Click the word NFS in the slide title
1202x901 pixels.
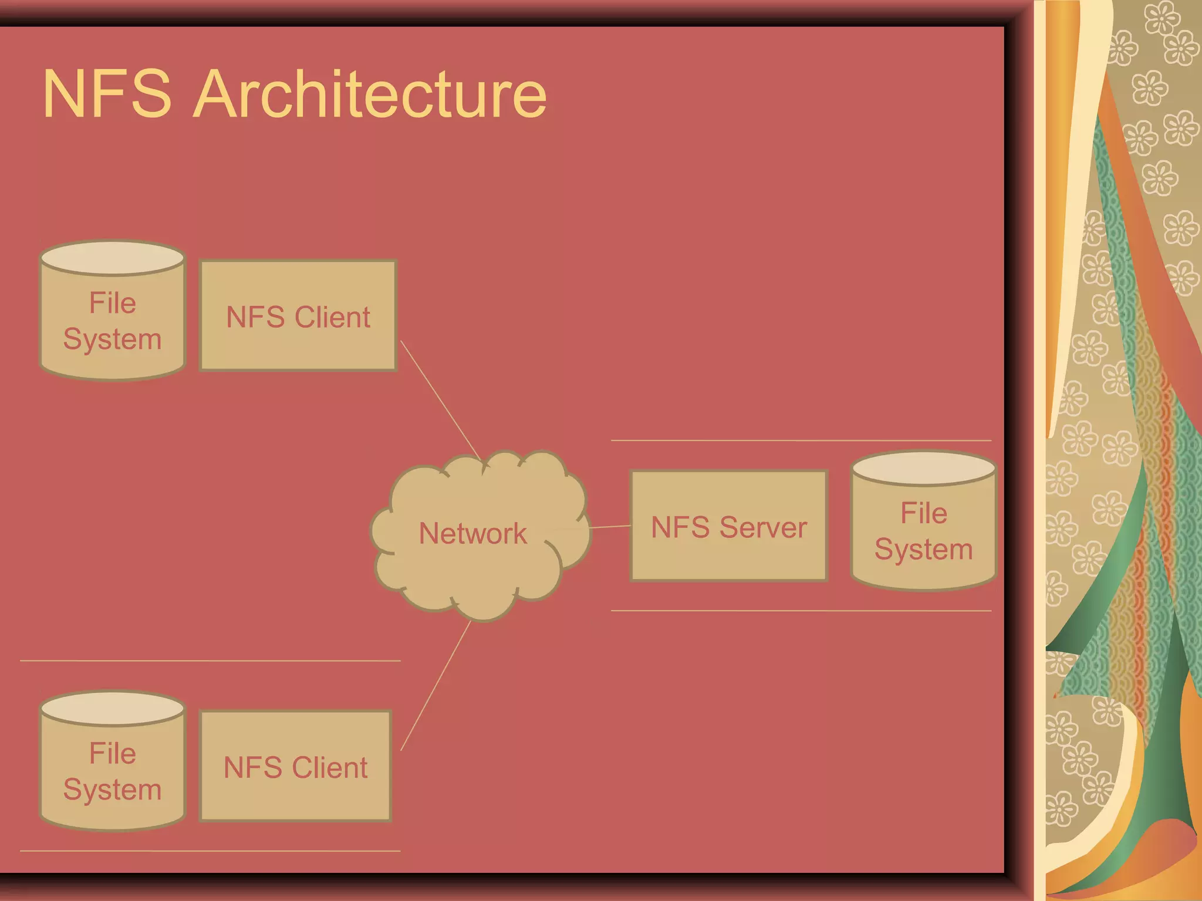107,94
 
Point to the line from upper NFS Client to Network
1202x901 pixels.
440,399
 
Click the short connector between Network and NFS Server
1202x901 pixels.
610,527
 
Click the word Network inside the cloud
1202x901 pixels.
472,534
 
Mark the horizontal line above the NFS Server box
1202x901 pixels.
801,440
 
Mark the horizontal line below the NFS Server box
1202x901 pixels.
801,611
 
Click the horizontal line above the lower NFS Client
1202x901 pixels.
210,660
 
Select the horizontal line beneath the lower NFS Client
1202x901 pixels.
210,851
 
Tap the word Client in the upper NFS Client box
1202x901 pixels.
332,317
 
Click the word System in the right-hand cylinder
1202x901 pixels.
923,550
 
